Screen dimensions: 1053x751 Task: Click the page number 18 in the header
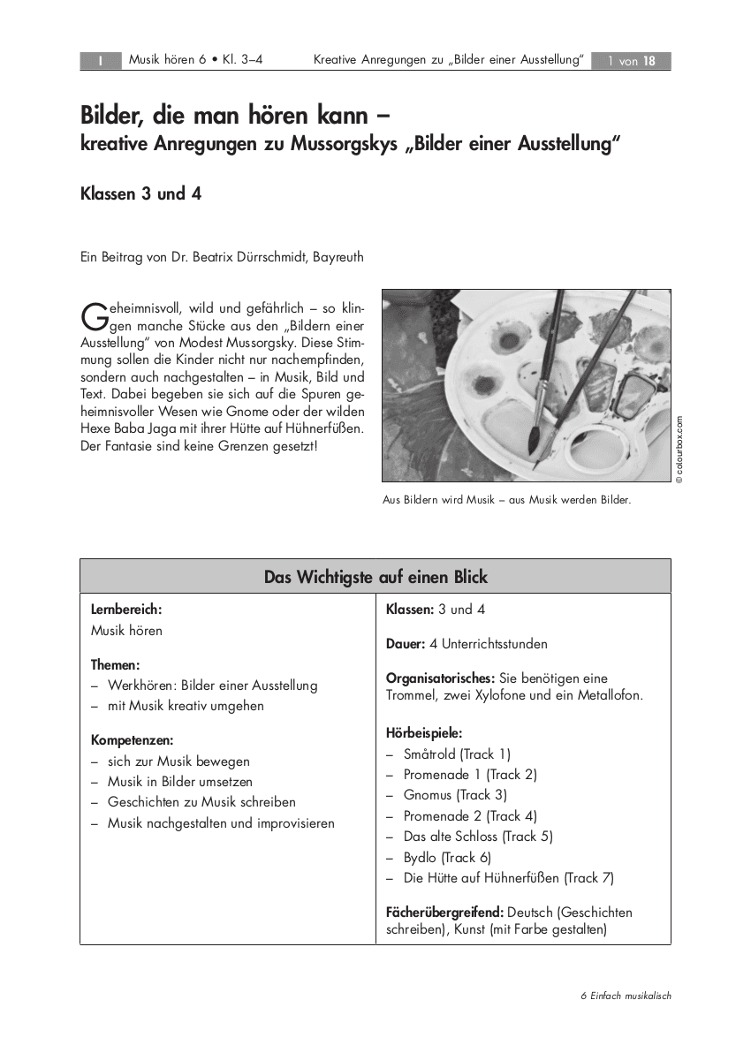[649, 61]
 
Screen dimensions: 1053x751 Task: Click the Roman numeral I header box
[100, 61]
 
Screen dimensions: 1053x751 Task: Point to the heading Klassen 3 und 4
[140, 193]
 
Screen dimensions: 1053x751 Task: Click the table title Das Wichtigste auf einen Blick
[375, 577]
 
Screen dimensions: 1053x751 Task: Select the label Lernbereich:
[126, 610]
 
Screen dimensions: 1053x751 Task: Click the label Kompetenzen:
[132, 740]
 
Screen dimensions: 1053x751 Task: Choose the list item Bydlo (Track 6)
[447, 857]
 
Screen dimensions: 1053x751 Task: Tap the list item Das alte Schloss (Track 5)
[478, 837]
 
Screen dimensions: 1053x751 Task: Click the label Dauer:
[406, 644]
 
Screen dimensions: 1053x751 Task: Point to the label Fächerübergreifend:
[444, 912]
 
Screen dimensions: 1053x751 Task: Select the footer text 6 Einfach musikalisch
[626, 996]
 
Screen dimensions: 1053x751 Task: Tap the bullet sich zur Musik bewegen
[178, 761]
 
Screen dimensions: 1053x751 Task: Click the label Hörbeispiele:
[424, 733]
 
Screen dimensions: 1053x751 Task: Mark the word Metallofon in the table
[609, 695]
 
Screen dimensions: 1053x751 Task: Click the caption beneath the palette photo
[506, 500]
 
